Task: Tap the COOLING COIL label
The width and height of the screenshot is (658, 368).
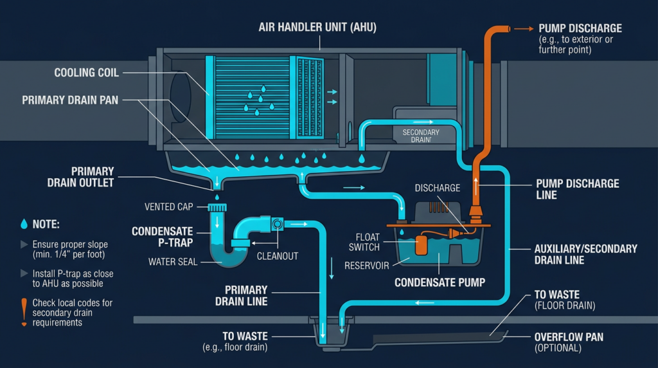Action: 86,73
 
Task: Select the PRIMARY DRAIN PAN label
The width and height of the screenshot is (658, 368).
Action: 70,100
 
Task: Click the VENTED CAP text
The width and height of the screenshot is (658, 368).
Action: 169,207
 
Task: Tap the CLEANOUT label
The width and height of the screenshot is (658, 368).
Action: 278,256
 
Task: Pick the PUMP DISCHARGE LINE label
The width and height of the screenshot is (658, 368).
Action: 577,189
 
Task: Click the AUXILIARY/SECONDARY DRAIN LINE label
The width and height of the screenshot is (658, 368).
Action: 585,254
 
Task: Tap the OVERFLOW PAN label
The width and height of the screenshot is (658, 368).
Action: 567,342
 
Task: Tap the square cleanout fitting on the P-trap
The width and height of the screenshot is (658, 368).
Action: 278,224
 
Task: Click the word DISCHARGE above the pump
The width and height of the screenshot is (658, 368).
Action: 437,188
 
